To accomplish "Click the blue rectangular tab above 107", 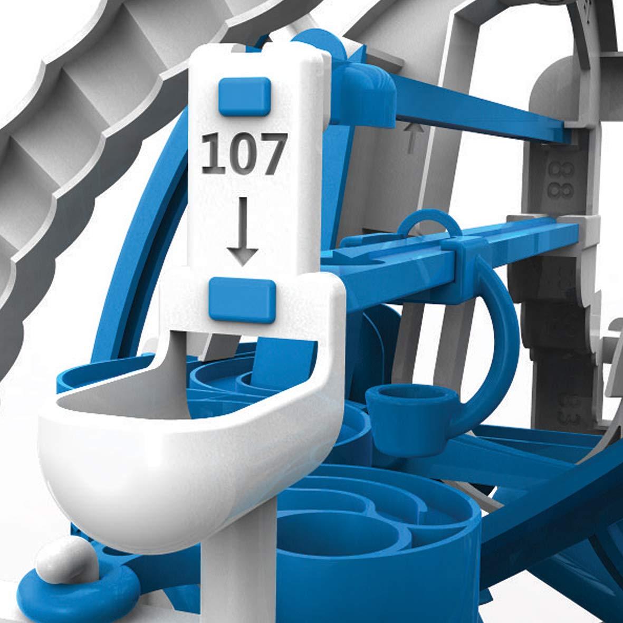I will click(x=244, y=94).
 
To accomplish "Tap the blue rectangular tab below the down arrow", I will click(x=243, y=299).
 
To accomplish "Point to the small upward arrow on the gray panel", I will click(x=415, y=137).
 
